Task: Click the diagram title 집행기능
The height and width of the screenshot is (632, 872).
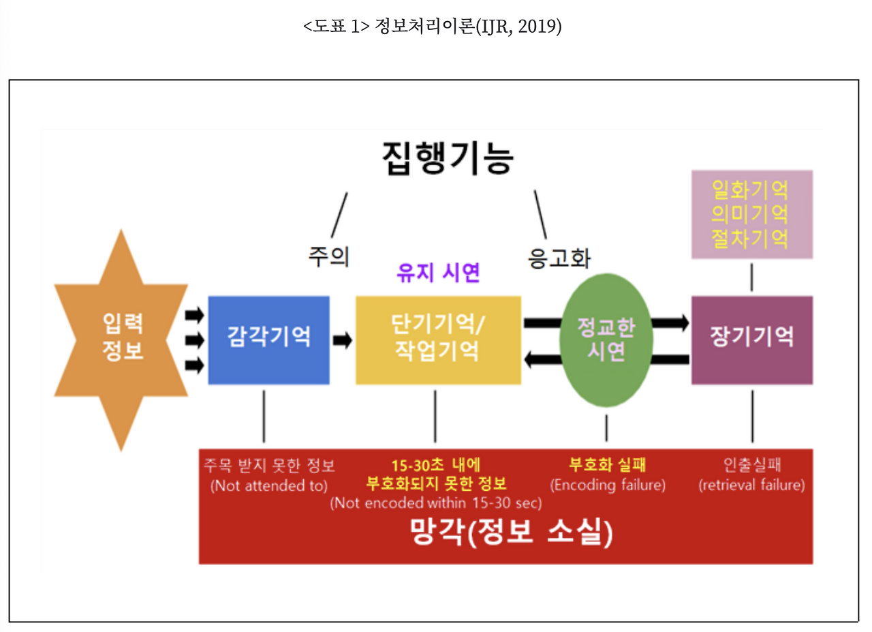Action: point(448,158)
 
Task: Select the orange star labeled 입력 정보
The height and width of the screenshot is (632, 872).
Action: point(122,338)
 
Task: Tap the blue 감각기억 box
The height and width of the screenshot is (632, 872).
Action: point(268,339)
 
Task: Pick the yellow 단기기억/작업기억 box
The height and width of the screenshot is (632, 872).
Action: point(437,339)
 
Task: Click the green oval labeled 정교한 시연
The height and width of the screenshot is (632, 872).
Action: point(606,339)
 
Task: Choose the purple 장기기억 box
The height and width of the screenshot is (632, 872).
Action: point(751,339)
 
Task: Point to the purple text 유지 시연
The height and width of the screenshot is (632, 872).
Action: point(438,273)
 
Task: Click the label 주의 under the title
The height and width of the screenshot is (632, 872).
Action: point(328,257)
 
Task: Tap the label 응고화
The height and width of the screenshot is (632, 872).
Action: point(559,258)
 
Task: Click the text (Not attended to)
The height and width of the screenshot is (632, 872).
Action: point(269,486)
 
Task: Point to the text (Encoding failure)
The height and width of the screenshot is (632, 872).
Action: point(608,485)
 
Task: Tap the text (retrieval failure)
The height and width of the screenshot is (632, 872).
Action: point(751,485)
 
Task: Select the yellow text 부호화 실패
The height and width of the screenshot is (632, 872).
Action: point(608,466)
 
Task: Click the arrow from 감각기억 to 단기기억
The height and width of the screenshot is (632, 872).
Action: point(343,340)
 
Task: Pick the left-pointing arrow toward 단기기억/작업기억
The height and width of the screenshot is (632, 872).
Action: point(542,359)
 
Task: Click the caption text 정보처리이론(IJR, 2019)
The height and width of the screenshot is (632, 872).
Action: point(468,28)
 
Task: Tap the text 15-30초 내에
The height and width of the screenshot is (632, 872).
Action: point(436,466)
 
